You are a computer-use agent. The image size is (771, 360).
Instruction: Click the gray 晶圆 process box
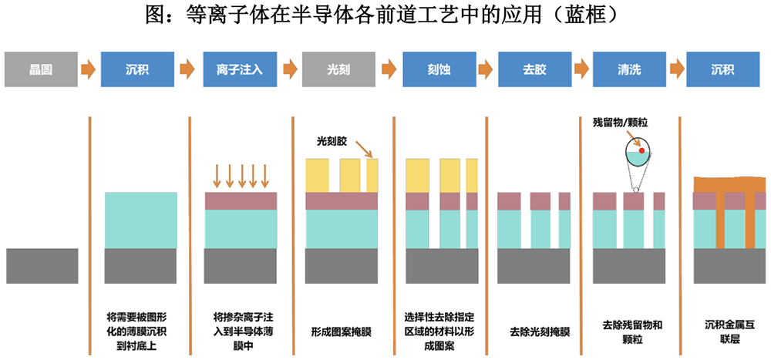click(x=42, y=69)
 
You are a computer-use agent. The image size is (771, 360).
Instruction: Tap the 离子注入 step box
click(x=239, y=69)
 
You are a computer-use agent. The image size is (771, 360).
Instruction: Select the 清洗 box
click(x=629, y=69)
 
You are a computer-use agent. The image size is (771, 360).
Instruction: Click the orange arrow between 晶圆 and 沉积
click(x=89, y=69)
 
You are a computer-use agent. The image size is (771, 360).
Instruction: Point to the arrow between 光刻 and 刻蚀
click(x=389, y=69)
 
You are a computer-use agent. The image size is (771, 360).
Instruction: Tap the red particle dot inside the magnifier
click(x=641, y=150)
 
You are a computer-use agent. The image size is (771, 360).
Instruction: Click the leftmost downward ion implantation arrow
click(x=217, y=176)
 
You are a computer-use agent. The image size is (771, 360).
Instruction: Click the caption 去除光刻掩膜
click(x=539, y=332)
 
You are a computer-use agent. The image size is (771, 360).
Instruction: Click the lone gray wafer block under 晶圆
click(x=42, y=265)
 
